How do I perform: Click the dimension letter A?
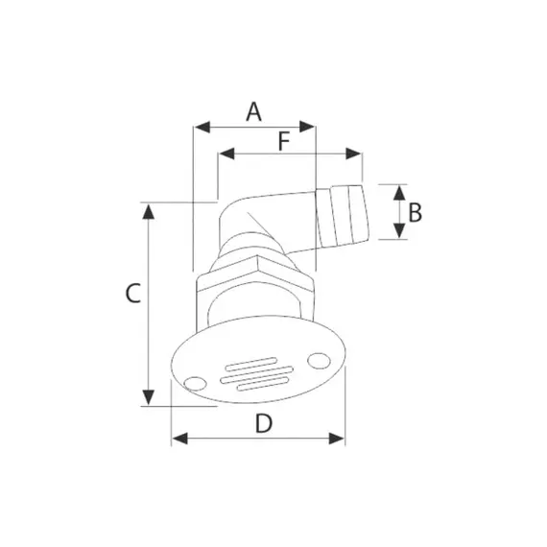pos(253,111)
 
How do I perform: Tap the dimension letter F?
pos(284,142)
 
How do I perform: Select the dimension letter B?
pos(416,213)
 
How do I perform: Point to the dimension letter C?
pos(133,293)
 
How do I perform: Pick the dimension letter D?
pos(263,423)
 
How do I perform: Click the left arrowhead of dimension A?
pos(202,127)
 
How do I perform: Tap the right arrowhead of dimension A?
pos(307,127)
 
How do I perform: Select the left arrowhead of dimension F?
pos(226,154)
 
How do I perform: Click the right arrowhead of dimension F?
pos(353,154)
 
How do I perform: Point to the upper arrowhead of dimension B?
pos(399,193)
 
